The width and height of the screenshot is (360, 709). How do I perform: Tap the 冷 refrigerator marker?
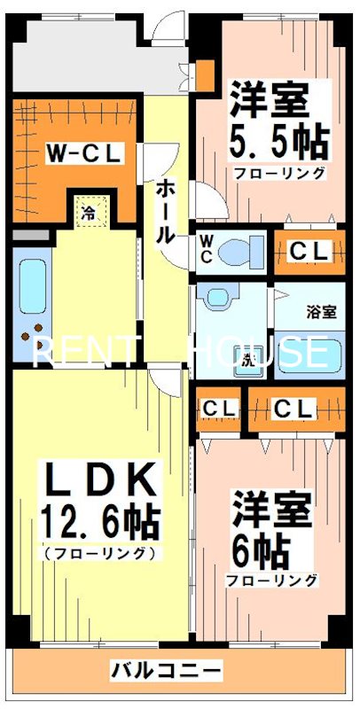click(x=89, y=213)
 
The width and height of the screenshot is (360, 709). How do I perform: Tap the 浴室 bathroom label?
click(x=321, y=312)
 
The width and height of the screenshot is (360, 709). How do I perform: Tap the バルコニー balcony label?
click(x=167, y=667)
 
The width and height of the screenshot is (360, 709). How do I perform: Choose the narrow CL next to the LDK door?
click(x=219, y=409)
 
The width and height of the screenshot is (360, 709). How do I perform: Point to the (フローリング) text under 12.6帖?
click(x=99, y=553)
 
